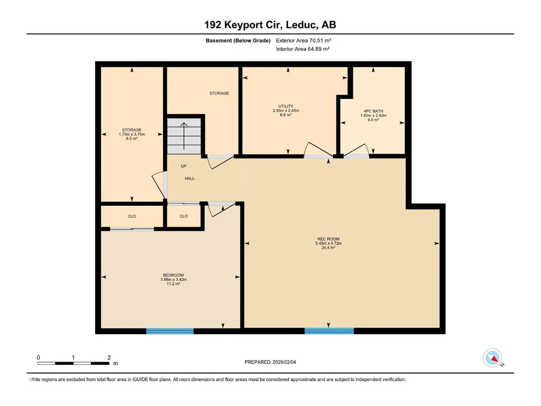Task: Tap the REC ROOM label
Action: [328, 239]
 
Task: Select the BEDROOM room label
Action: [174, 275]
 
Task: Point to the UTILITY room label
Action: [286, 106]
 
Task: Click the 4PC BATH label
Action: [373, 111]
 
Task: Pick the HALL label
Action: [190, 178]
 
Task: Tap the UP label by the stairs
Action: [184, 166]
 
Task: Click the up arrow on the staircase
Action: [184, 136]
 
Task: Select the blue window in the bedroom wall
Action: [170, 331]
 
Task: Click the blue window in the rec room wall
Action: [329, 331]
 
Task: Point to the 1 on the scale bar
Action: [73, 357]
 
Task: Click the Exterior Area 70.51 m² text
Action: [303, 41]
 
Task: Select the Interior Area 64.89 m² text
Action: [302, 49]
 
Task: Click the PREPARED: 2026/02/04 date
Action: [270, 362]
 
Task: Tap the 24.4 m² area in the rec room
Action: [328, 248]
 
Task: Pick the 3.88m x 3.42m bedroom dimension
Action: [174, 280]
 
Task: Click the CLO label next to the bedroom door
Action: [184, 216]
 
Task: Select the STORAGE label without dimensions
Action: [219, 93]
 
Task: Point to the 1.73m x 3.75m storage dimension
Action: [132, 134]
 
